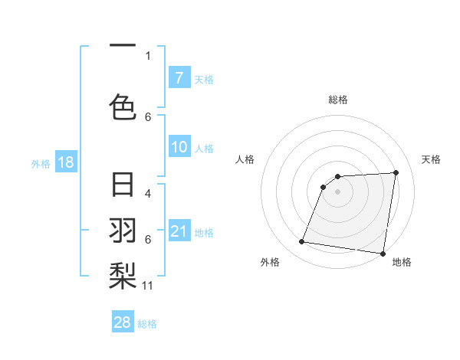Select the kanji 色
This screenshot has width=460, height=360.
[x=123, y=105]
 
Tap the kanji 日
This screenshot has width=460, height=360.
[x=123, y=185]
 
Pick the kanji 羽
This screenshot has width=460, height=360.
[x=123, y=230]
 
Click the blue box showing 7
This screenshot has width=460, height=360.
[x=179, y=78]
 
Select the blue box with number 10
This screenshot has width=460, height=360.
[x=179, y=148]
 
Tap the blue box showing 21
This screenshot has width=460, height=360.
[x=179, y=232]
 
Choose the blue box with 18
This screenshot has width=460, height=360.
[x=65, y=162]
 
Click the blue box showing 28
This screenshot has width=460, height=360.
[x=123, y=322]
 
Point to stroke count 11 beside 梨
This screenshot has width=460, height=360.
[x=148, y=286]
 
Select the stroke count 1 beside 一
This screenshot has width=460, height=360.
[x=148, y=55]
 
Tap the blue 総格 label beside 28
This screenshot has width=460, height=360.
[x=147, y=324]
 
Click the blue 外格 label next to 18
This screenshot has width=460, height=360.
[x=40, y=163]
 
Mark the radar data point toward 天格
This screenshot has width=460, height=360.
[x=396, y=172]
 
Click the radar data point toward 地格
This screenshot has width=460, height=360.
[x=383, y=254]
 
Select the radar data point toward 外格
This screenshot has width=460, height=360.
[x=302, y=242]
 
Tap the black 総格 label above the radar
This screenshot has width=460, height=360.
[x=337, y=100]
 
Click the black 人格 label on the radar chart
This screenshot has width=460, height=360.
[x=245, y=159]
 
